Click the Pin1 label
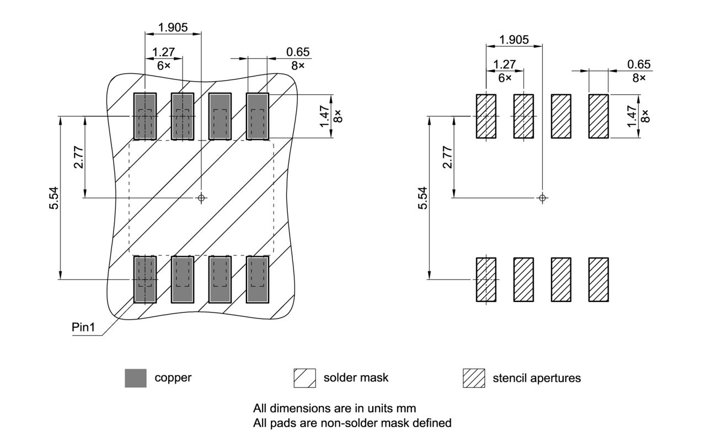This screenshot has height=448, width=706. [83, 327]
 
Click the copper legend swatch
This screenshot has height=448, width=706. [136, 378]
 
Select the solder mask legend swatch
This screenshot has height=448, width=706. [304, 378]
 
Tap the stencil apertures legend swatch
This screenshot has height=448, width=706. [473, 378]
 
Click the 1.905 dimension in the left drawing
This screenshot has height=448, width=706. [173, 27]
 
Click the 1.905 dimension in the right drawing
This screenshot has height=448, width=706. [514, 40]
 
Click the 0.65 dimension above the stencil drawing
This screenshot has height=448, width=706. [639, 64]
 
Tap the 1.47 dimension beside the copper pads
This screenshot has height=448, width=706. [325, 116]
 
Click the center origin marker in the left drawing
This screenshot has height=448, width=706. [202, 197]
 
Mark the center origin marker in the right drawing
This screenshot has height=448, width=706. [543, 197]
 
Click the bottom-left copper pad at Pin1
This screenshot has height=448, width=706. [145, 279]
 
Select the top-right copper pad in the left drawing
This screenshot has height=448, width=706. [257, 116]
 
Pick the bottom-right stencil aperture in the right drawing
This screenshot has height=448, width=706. [598, 279]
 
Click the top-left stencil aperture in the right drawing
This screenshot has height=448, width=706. [486, 116]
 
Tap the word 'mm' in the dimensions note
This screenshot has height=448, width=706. [408, 409]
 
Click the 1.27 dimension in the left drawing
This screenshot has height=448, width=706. [163, 52]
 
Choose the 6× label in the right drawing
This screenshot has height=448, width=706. [505, 78]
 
